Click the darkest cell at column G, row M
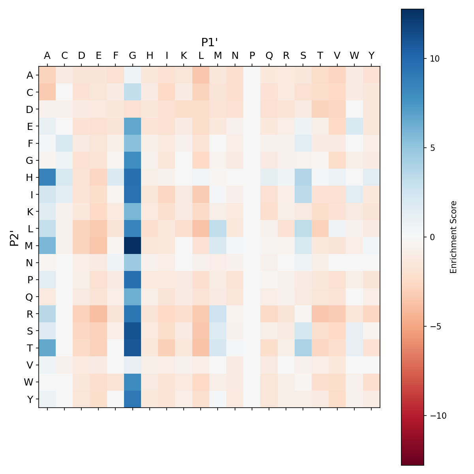(133, 246)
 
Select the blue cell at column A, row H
(47, 177)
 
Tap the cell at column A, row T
(47, 348)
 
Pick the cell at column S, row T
(303, 348)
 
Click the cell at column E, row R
(98, 314)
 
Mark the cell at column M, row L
(218, 229)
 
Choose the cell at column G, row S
(133, 331)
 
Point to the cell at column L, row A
(201, 75)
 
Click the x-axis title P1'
(210, 42)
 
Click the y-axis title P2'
(14, 237)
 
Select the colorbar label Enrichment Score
(453, 237)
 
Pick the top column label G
(133, 56)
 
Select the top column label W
(354, 56)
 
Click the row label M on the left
(30, 246)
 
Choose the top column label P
(252, 56)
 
